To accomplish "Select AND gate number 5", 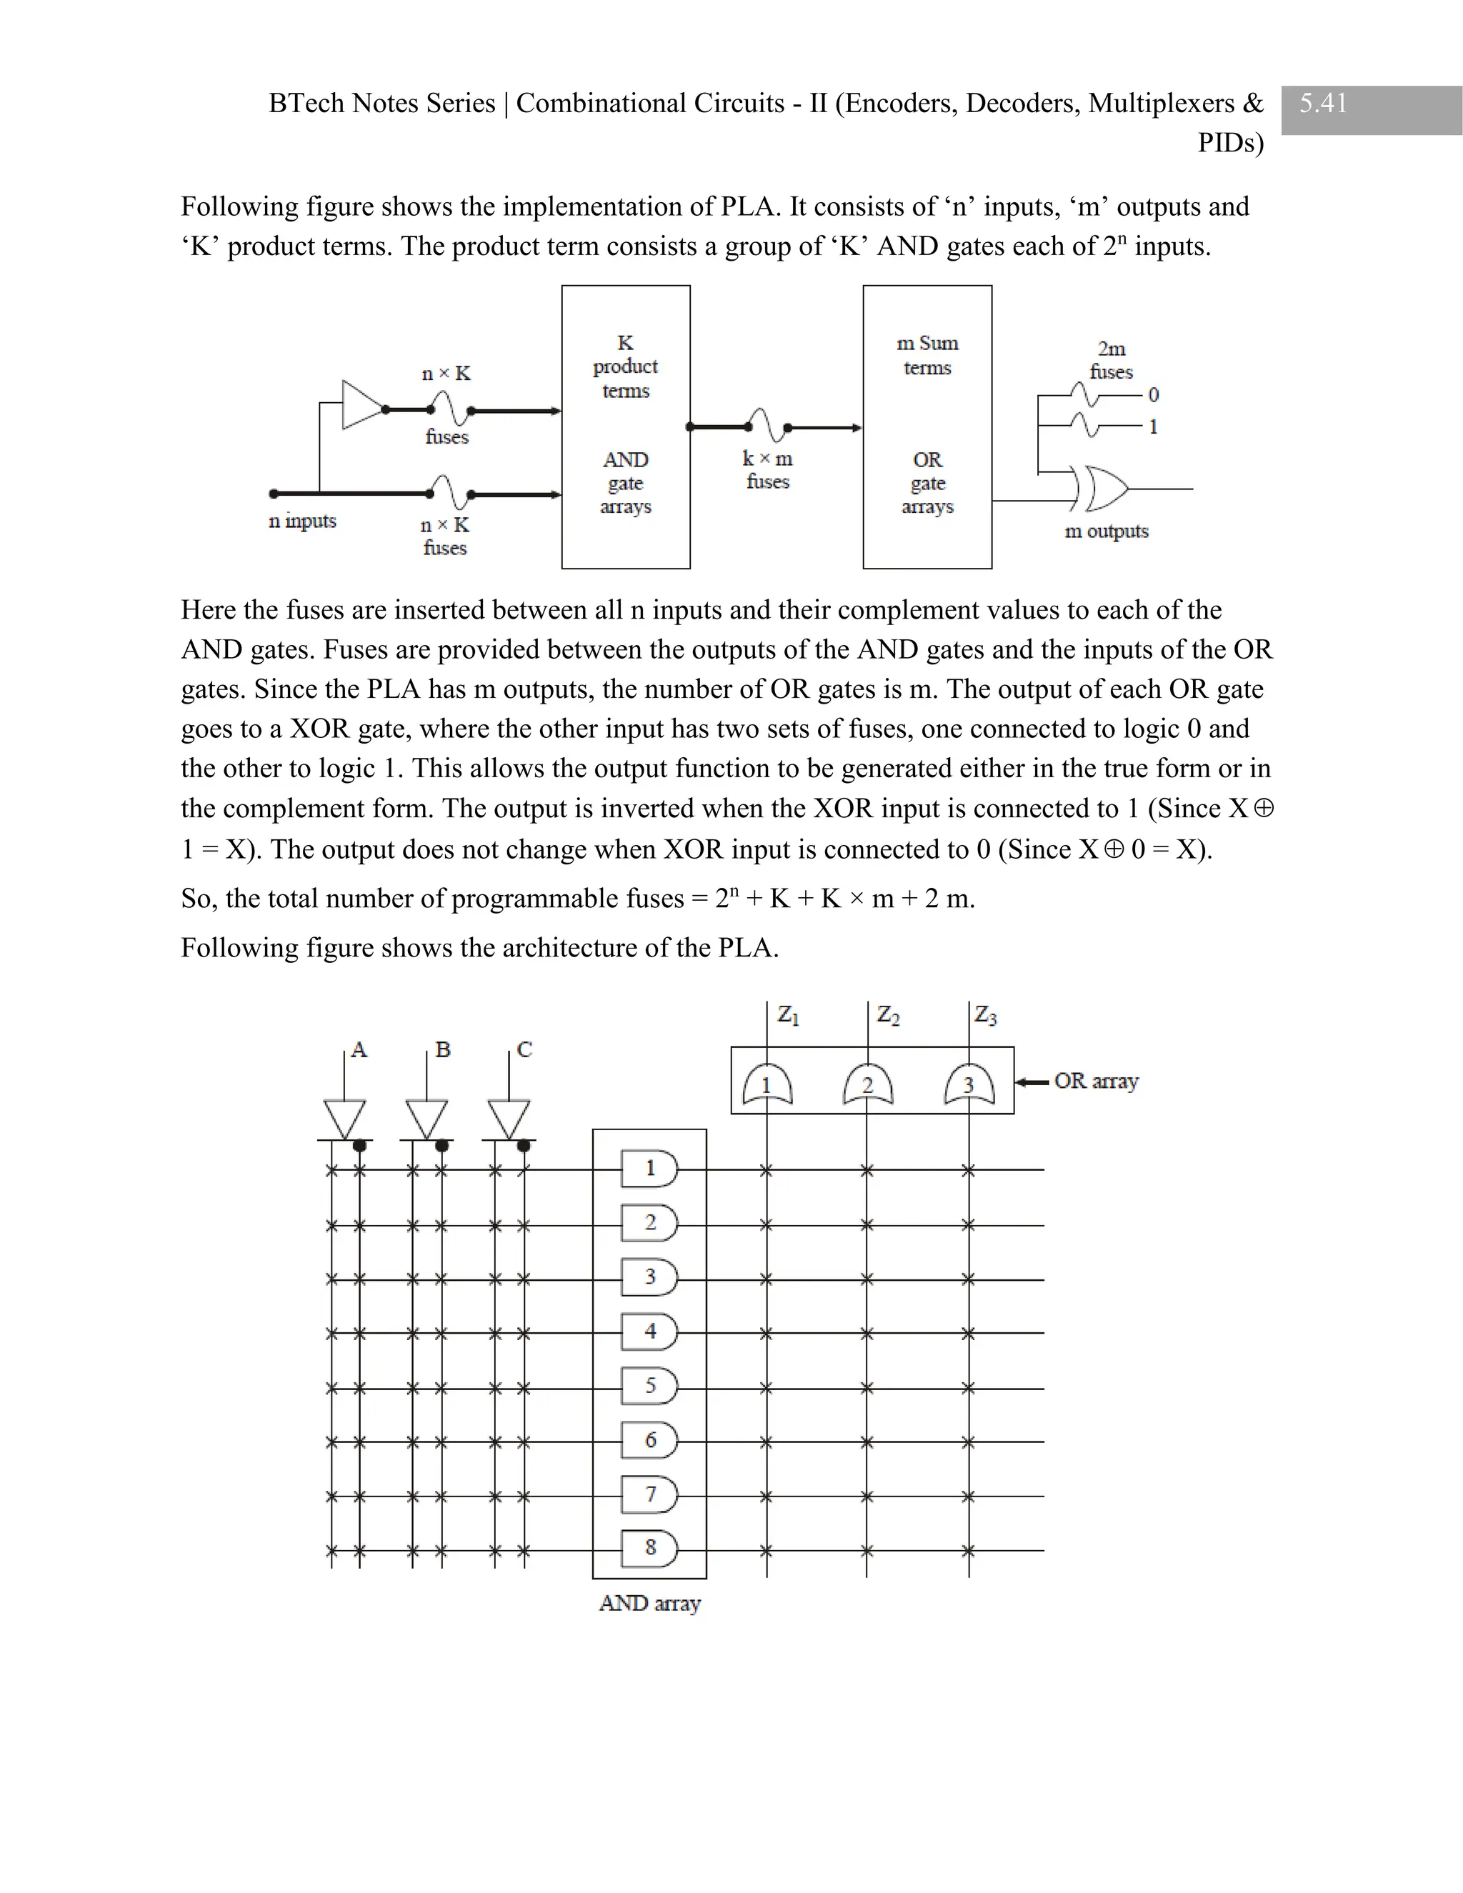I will pyautogui.click(x=650, y=1385).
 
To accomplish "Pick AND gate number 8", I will pyautogui.click(x=650, y=1548).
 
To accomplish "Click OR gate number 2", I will pyautogui.click(x=867, y=1084).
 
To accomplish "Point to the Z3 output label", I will pyautogui.click(x=985, y=1014).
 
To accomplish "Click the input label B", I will pyautogui.click(x=443, y=1049).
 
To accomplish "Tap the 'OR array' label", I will pyautogui.click(x=1096, y=1081).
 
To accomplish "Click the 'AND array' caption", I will pyautogui.click(x=649, y=1604).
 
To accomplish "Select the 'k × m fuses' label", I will pyautogui.click(x=767, y=470).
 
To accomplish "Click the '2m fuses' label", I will pyautogui.click(x=1111, y=360).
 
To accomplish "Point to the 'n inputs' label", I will pyautogui.click(x=302, y=521).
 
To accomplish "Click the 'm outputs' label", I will pyautogui.click(x=1106, y=531).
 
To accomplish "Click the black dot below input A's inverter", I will pyautogui.click(x=360, y=1146).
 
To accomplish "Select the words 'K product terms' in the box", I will pyautogui.click(x=625, y=366).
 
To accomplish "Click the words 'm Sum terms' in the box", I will pyautogui.click(x=927, y=355).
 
